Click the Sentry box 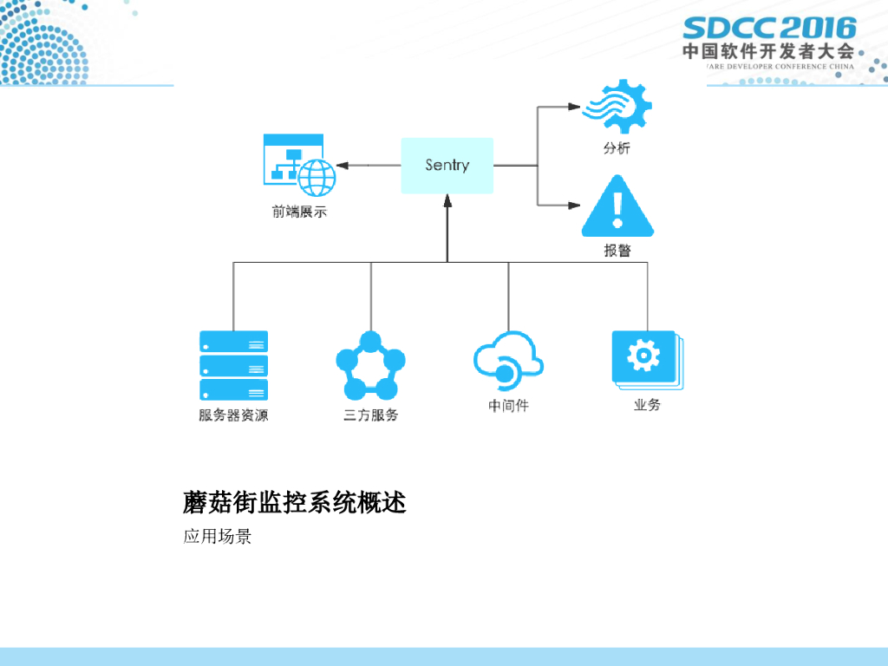(447, 166)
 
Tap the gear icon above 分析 (617, 107)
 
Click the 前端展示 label (299, 211)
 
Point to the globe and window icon (299, 165)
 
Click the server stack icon (233, 364)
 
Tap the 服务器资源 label (233, 415)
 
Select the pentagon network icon (370, 365)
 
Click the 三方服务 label (370, 415)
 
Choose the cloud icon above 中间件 (508, 360)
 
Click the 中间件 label (508, 405)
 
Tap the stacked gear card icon (647, 358)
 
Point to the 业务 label (647, 405)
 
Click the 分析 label (617, 148)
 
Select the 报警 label (617, 251)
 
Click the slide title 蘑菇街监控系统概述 (295, 502)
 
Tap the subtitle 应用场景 (217, 537)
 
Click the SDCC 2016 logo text (769, 28)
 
